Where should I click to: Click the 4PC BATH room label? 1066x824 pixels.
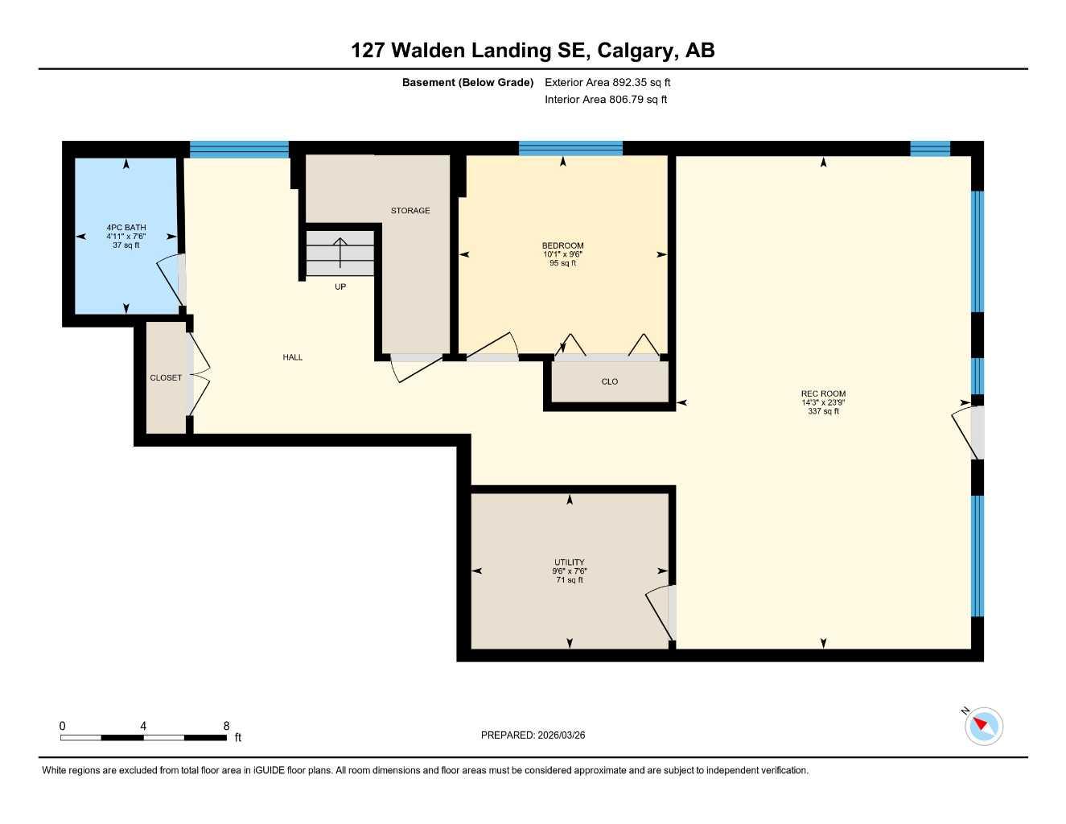pyautogui.click(x=126, y=228)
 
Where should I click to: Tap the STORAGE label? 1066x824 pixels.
pyautogui.click(x=410, y=211)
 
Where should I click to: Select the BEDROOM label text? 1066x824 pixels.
pyautogui.click(x=562, y=245)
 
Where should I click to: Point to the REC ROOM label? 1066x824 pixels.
pyautogui.click(x=823, y=393)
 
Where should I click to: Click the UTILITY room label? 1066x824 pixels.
pyautogui.click(x=570, y=562)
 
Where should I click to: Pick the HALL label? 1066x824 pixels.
pyautogui.click(x=293, y=357)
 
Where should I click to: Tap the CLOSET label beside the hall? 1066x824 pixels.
pyautogui.click(x=166, y=377)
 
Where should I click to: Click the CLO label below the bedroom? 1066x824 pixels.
pyautogui.click(x=610, y=381)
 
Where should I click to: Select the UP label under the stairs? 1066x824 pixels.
pyautogui.click(x=340, y=287)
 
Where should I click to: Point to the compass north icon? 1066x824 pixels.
pyautogui.click(x=983, y=726)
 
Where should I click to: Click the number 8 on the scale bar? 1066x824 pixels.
pyautogui.click(x=226, y=726)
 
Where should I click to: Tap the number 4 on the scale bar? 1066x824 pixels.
pyautogui.click(x=143, y=726)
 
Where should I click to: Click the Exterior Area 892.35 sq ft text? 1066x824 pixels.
pyautogui.click(x=607, y=82)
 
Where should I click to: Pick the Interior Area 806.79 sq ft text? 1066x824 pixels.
pyautogui.click(x=606, y=100)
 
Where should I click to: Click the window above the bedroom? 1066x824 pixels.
pyautogui.click(x=570, y=148)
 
